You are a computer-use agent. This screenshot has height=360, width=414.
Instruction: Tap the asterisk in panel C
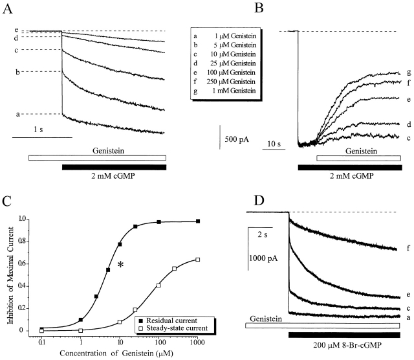tap(120, 265)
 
